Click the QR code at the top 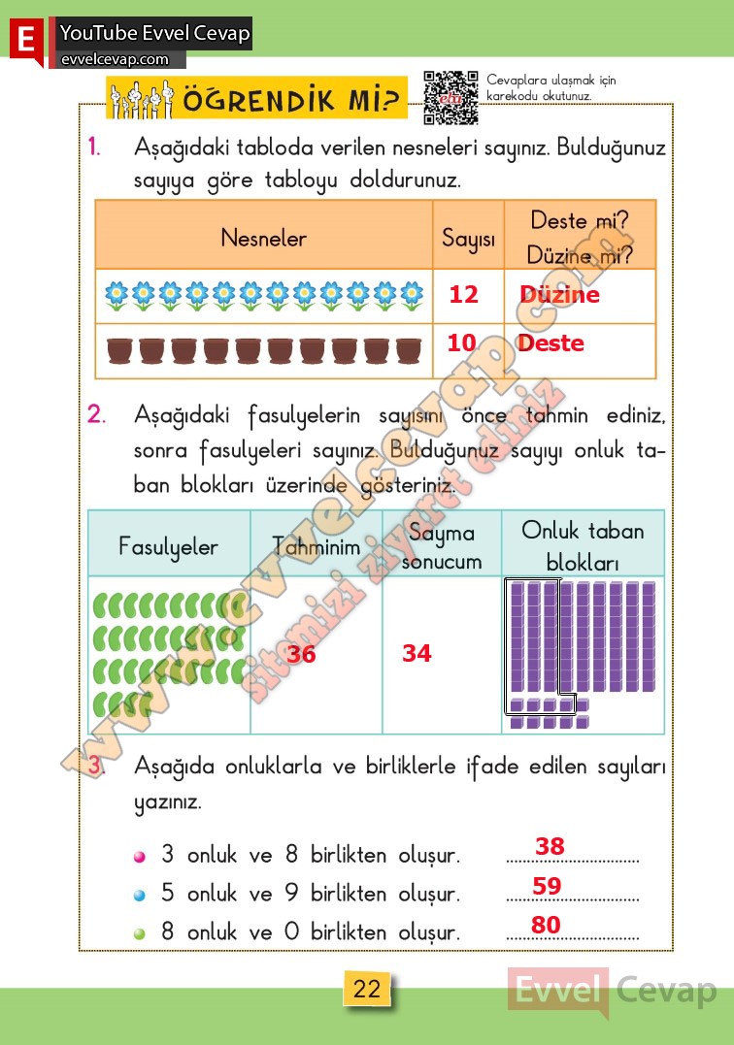pos(451,97)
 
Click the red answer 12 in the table pos(463,294)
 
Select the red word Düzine pos(559,295)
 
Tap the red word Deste pos(550,343)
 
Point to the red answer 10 pos(461,343)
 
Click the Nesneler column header pos(263,238)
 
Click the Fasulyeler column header pos(168,546)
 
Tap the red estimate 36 pos(301,655)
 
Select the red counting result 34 pos(417,654)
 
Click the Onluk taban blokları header pos(583,545)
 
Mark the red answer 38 pos(550,847)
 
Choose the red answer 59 pos(547,886)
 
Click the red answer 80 pos(546,926)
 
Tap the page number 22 pos(367,990)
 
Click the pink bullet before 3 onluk pos(140,857)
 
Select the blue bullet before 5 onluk pos(140,895)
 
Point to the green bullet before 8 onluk pos(140,933)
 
